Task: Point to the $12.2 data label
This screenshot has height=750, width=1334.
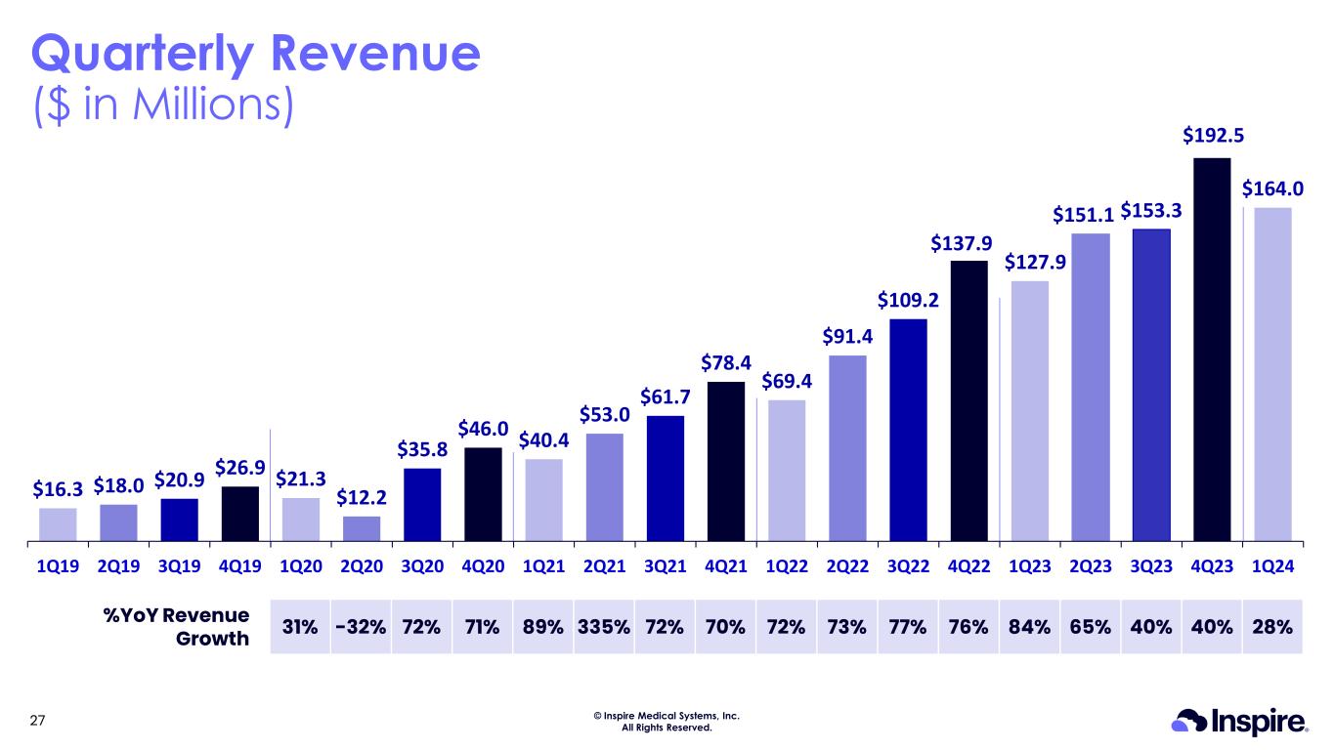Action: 362,497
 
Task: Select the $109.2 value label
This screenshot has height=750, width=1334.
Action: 908,298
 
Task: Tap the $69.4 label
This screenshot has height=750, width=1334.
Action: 786,379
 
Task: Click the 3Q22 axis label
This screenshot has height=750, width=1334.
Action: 908,565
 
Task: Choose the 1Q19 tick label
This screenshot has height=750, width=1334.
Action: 58,565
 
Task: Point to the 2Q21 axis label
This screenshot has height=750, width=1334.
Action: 604,565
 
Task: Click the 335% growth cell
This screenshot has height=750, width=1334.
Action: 604,626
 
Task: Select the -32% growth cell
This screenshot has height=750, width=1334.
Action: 360,626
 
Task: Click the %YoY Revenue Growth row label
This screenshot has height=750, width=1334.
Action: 177,627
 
